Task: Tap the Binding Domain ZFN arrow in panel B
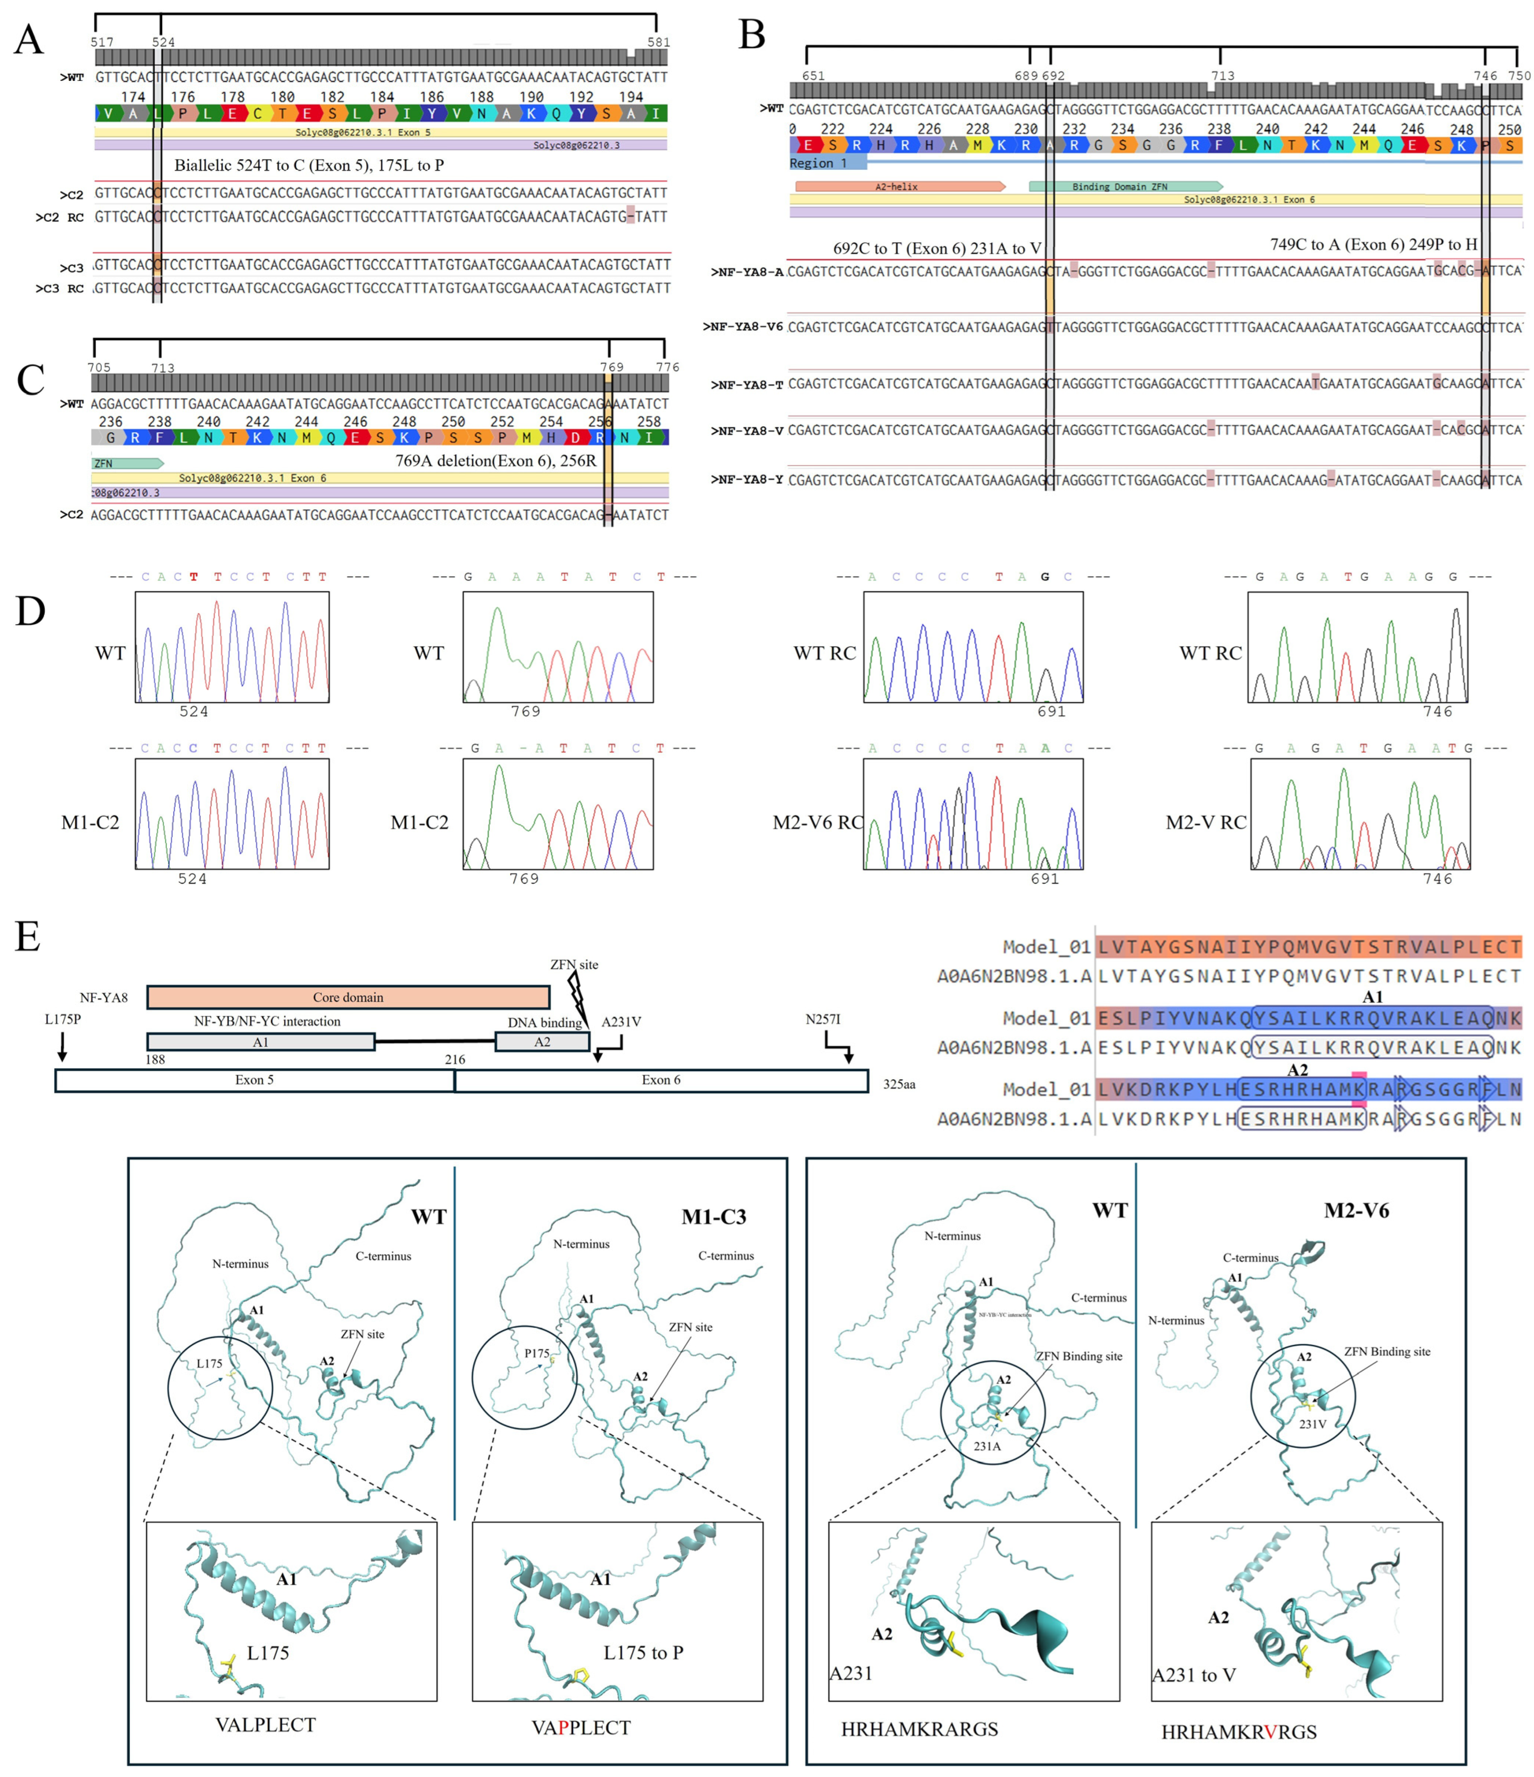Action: (1124, 186)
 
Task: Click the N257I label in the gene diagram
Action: (823, 1019)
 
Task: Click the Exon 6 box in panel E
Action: (660, 1080)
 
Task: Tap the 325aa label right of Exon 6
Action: (899, 1084)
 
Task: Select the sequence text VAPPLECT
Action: (581, 1727)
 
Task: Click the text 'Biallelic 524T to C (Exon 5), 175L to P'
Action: (309, 165)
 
